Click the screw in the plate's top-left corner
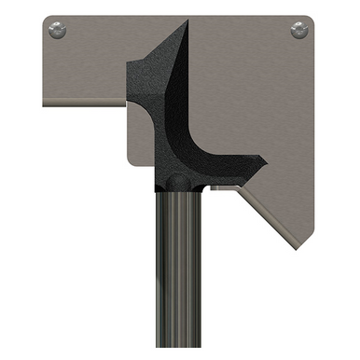58,30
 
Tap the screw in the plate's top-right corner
299,30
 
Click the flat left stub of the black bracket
133,74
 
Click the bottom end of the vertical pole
177,354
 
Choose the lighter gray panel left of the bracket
140,131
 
